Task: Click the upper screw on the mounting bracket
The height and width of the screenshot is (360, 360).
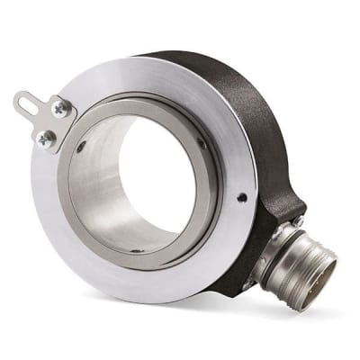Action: tap(60, 108)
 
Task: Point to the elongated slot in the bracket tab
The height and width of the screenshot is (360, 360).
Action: tap(28, 101)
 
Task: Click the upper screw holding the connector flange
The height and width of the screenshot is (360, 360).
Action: tap(297, 220)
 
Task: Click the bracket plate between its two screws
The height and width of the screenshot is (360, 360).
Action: tap(51, 122)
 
